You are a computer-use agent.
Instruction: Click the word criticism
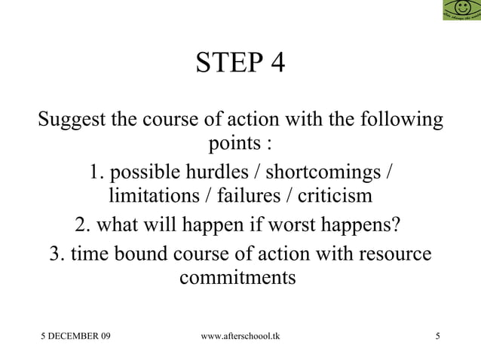334,197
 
